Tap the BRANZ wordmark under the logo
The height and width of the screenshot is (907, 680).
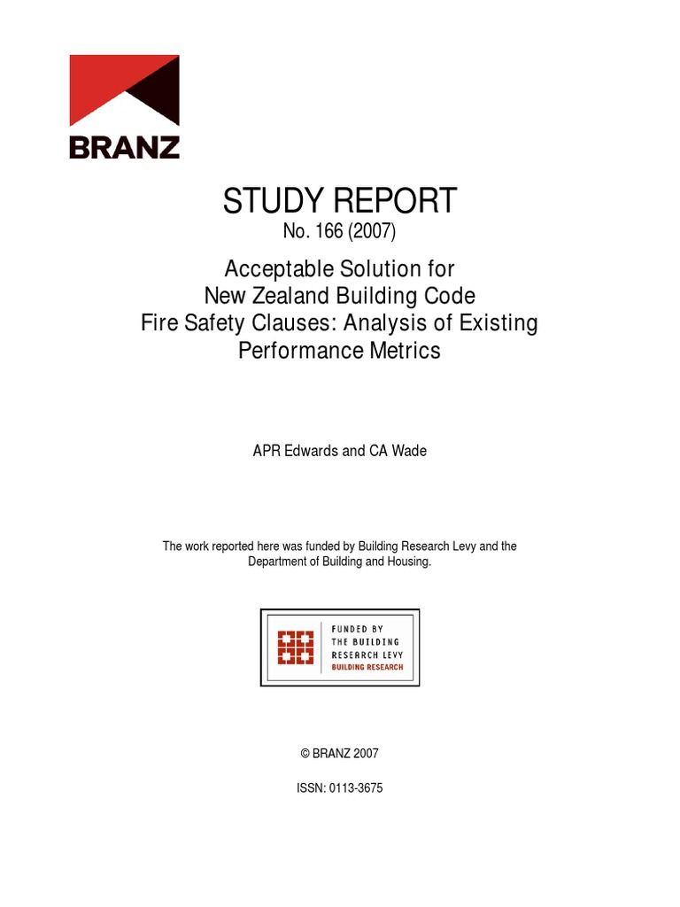tap(124, 146)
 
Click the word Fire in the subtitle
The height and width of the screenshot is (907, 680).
tap(159, 322)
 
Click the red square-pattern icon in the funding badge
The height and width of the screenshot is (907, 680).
tap(296, 647)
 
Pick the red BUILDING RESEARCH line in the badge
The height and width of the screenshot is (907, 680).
tap(367, 667)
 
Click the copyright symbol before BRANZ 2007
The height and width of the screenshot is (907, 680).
tap(305, 754)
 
